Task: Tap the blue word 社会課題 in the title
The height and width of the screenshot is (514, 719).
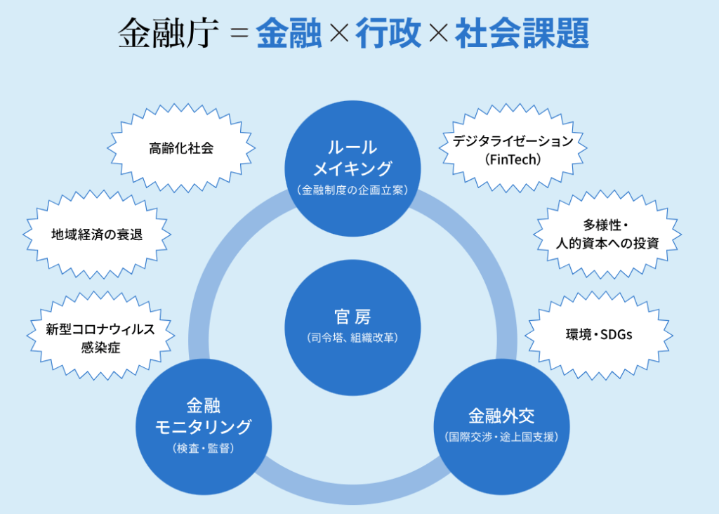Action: click(x=521, y=33)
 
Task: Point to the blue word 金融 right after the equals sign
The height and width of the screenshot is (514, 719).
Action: click(x=289, y=33)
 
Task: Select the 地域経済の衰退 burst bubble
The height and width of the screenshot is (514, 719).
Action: click(x=97, y=235)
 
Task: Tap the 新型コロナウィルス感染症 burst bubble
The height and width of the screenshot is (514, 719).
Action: click(x=100, y=338)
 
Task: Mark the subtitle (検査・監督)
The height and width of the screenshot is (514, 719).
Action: click(x=203, y=447)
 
